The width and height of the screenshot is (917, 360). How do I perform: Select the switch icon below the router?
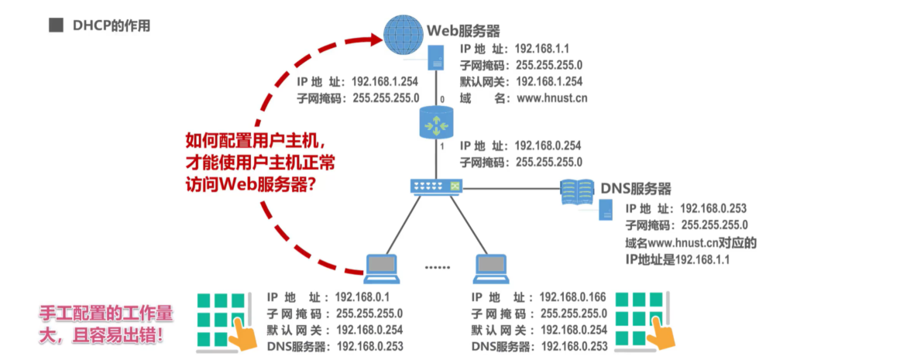(x=436, y=187)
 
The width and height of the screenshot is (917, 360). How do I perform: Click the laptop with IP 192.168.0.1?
(x=382, y=266)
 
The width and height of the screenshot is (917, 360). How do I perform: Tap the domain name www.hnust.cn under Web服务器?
(x=551, y=98)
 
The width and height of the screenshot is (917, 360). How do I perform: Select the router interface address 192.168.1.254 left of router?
(x=385, y=81)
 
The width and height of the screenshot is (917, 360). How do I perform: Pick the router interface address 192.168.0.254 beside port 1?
(x=548, y=146)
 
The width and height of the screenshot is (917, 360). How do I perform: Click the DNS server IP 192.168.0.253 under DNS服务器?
(x=713, y=208)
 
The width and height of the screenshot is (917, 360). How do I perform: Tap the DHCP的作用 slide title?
(x=112, y=26)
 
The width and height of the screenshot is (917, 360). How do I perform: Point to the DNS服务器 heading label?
(x=636, y=188)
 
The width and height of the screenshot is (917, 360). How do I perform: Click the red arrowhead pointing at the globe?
(x=376, y=35)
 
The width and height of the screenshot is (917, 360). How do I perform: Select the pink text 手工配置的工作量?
(x=106, y=315)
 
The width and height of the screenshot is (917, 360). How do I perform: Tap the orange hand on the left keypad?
(x=245, y=334)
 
